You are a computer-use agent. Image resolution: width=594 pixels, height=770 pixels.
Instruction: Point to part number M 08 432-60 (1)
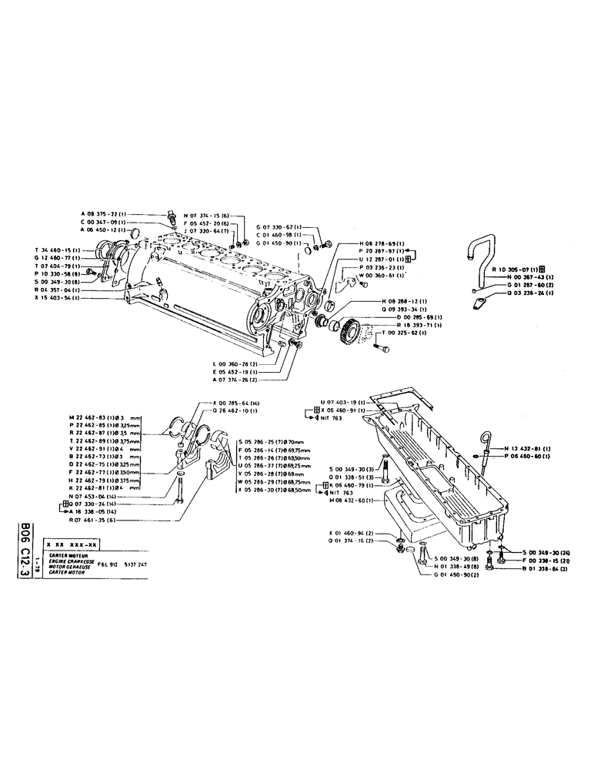[x=355, y=501]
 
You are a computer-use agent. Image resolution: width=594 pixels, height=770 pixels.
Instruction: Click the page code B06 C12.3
[x=28, y=559]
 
